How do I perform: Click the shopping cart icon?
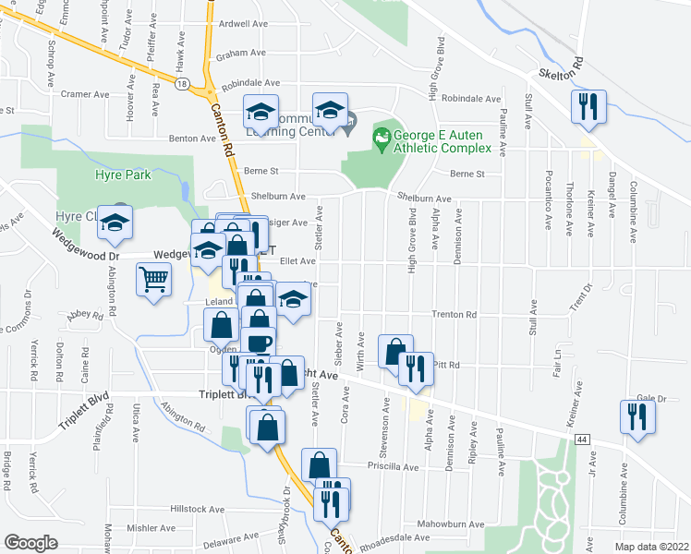point(153,278)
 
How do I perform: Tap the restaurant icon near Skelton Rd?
point(588,106)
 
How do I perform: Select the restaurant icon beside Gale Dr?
point(637,415)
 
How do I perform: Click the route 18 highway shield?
point(184,84)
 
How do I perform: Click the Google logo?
point(30,542)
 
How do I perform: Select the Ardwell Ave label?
point(243,24)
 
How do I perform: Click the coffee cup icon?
point(258,341)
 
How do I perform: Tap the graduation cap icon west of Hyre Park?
point(115,222)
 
